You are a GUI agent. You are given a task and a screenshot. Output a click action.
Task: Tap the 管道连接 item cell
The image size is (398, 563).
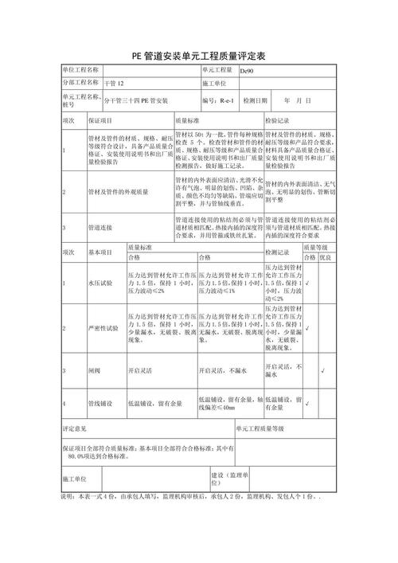click(101, 227)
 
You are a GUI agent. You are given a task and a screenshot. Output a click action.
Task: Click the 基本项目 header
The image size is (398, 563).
click(101, 250)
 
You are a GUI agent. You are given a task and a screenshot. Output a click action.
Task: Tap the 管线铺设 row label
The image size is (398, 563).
click(101, 404)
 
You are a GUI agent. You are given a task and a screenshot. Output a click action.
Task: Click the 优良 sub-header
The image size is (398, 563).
click(324, 258)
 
